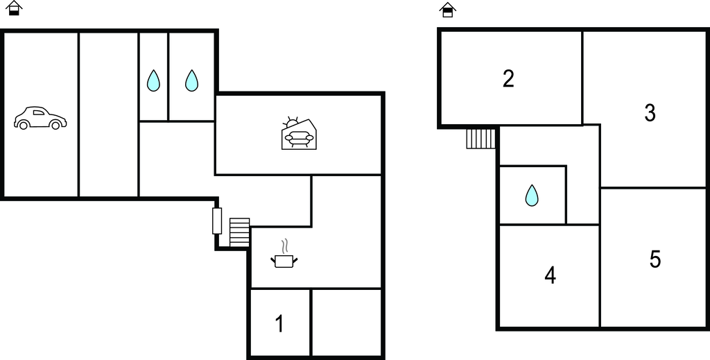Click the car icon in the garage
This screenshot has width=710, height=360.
point(40,118)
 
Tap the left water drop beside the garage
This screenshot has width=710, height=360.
point(153,80)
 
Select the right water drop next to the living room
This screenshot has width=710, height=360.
point(191,80)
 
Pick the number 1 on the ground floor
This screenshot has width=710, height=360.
point(280,324)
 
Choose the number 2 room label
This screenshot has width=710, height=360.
point(508,79)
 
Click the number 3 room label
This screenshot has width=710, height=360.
point(650,113)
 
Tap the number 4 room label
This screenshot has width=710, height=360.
point(550,275)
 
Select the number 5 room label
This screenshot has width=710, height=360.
point(655,259)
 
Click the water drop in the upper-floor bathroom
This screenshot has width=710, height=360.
point(532,195)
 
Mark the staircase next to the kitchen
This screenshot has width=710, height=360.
point(239,232)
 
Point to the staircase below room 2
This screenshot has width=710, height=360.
point(481,139)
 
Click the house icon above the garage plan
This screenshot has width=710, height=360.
point(14,8)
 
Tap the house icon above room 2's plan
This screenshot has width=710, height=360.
point(447,10)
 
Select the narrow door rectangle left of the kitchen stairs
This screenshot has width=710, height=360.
point(217,221)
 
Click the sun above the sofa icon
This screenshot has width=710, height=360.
point(291,123)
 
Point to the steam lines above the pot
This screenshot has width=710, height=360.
point(284,246)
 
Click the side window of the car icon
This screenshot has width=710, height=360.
point(39,112)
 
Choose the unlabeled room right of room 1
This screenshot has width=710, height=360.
point(347,322)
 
